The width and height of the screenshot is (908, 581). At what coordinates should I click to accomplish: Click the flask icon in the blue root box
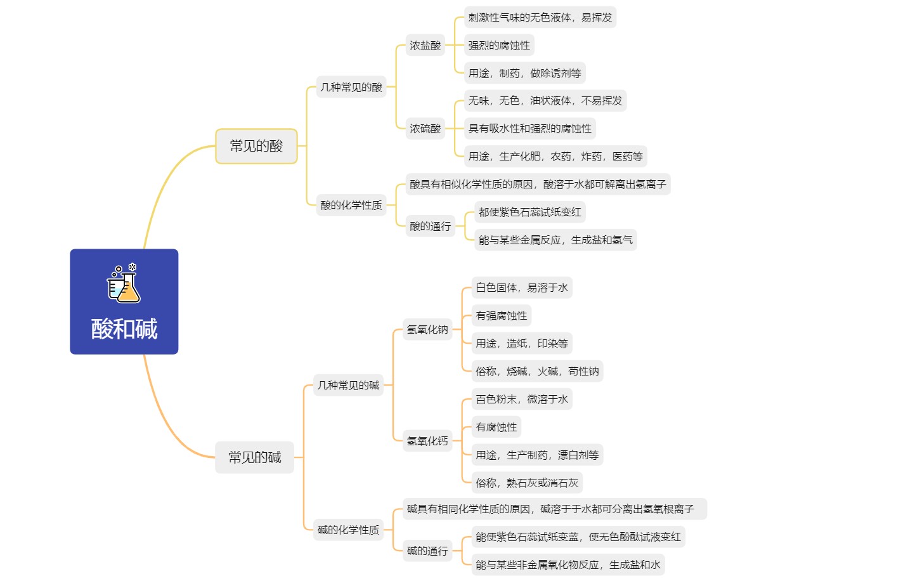click(124, 283)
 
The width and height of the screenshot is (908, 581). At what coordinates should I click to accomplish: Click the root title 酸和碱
click(124, 329)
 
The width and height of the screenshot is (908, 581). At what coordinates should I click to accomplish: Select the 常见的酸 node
click(256, 146)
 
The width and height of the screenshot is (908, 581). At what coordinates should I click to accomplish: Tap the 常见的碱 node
click(254, 457)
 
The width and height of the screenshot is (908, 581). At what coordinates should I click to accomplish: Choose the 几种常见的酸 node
click(351, 87)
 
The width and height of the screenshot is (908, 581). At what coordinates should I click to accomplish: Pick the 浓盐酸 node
click(425, 45)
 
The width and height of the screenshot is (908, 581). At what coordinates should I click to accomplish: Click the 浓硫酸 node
click(425, 129)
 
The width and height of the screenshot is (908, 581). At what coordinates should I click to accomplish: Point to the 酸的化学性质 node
click(351, 205)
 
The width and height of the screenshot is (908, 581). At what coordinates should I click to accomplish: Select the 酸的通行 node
click(430, 226)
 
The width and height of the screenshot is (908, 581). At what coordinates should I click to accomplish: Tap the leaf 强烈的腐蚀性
click(499, 45)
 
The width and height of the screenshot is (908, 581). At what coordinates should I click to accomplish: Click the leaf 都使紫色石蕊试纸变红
click(530, 212)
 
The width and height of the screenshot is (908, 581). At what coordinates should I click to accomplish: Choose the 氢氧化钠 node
click(427, 329)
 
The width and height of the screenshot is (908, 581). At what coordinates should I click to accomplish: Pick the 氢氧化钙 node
click(427, 441)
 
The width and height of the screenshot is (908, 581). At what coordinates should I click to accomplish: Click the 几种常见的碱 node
click(348, 385)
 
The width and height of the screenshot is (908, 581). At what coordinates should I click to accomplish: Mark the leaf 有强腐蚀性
click(502, 315)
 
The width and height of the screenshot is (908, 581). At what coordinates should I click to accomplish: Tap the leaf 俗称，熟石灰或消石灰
click(527, 483)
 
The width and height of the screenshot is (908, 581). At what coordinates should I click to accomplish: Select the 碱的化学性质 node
click(348, 530)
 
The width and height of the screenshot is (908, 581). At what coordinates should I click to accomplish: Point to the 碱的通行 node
click(427, 551)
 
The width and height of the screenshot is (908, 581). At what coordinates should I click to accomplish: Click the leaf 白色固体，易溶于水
click(522, 287)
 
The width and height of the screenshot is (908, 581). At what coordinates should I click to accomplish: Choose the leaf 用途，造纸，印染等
click(522, 343)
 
